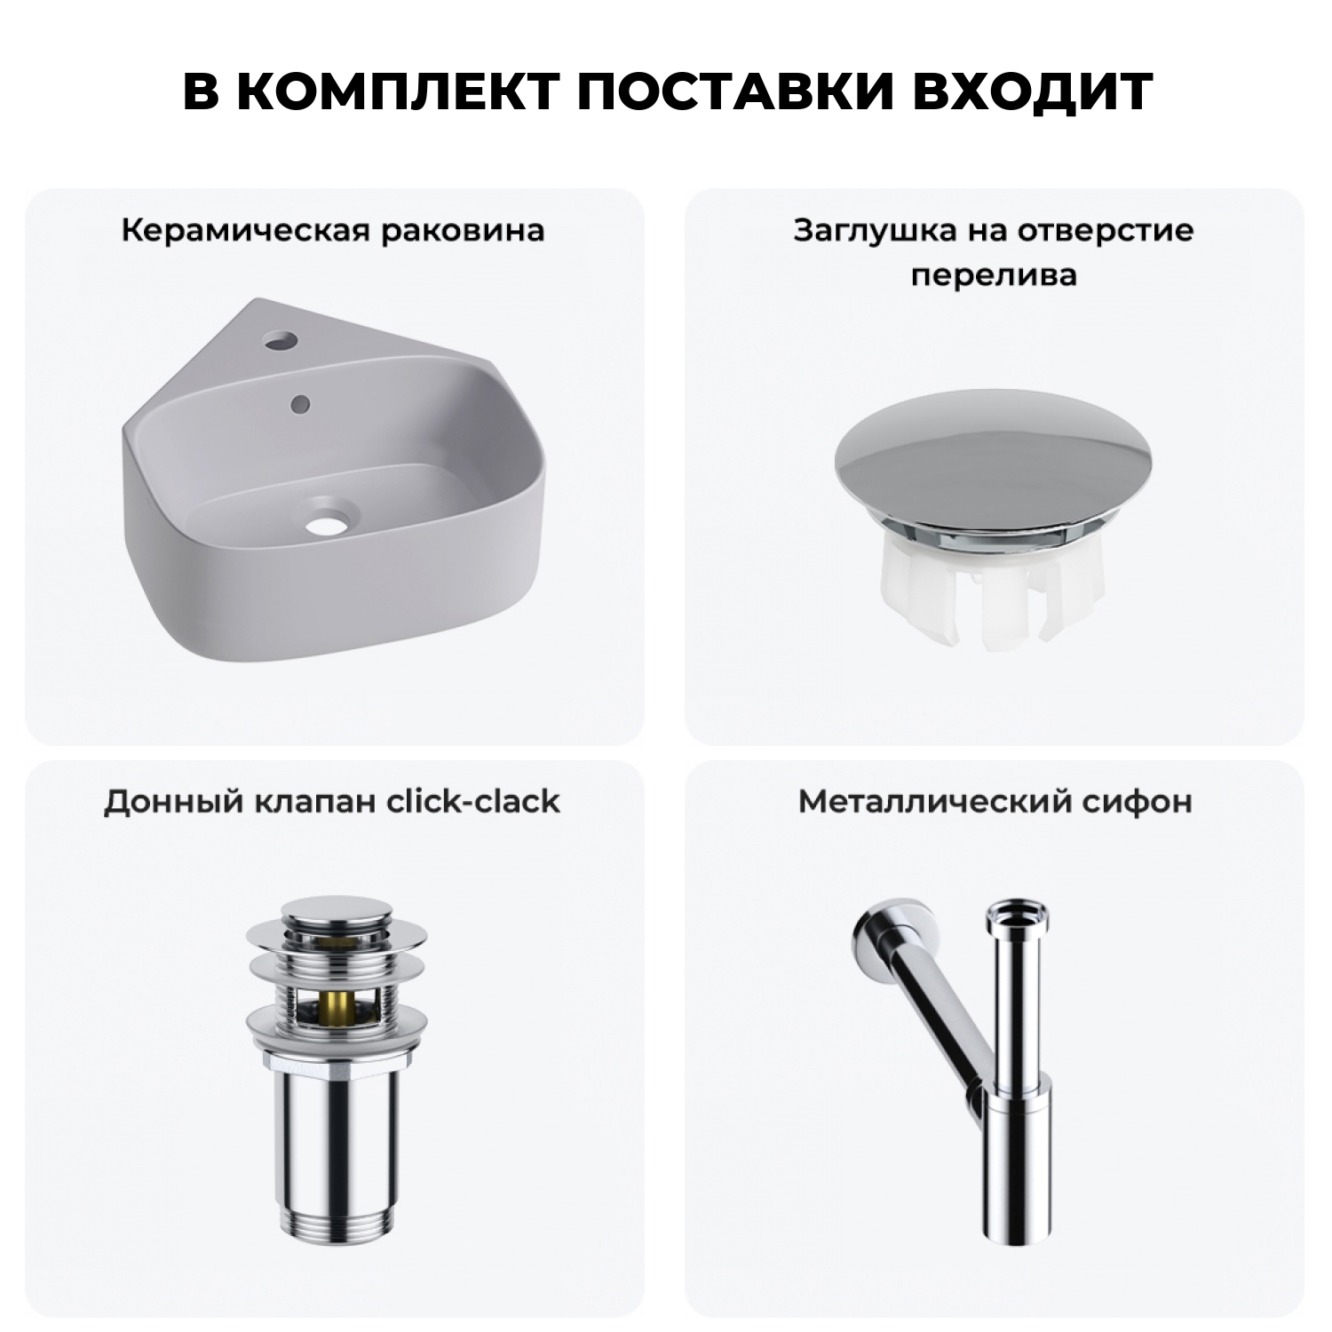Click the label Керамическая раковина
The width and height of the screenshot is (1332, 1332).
[333, 231]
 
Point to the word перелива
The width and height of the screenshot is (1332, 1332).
[994, 274]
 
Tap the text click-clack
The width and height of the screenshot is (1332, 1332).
[473, 801]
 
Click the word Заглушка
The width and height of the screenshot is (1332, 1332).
[852, 231]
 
